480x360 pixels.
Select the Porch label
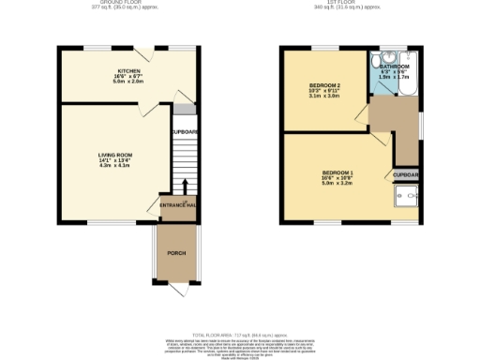coord(175,254)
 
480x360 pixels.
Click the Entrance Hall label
coord(176,204)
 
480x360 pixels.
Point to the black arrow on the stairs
coord(185,187)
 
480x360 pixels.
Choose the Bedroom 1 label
coord(337,173)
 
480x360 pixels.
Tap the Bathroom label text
coord(394,67)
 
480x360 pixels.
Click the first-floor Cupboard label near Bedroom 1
coord(406,175)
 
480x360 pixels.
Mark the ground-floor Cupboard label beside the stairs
coord(185,132)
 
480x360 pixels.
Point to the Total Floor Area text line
coord(240,335)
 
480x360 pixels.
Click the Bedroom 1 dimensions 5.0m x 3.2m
coord(337,185)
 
